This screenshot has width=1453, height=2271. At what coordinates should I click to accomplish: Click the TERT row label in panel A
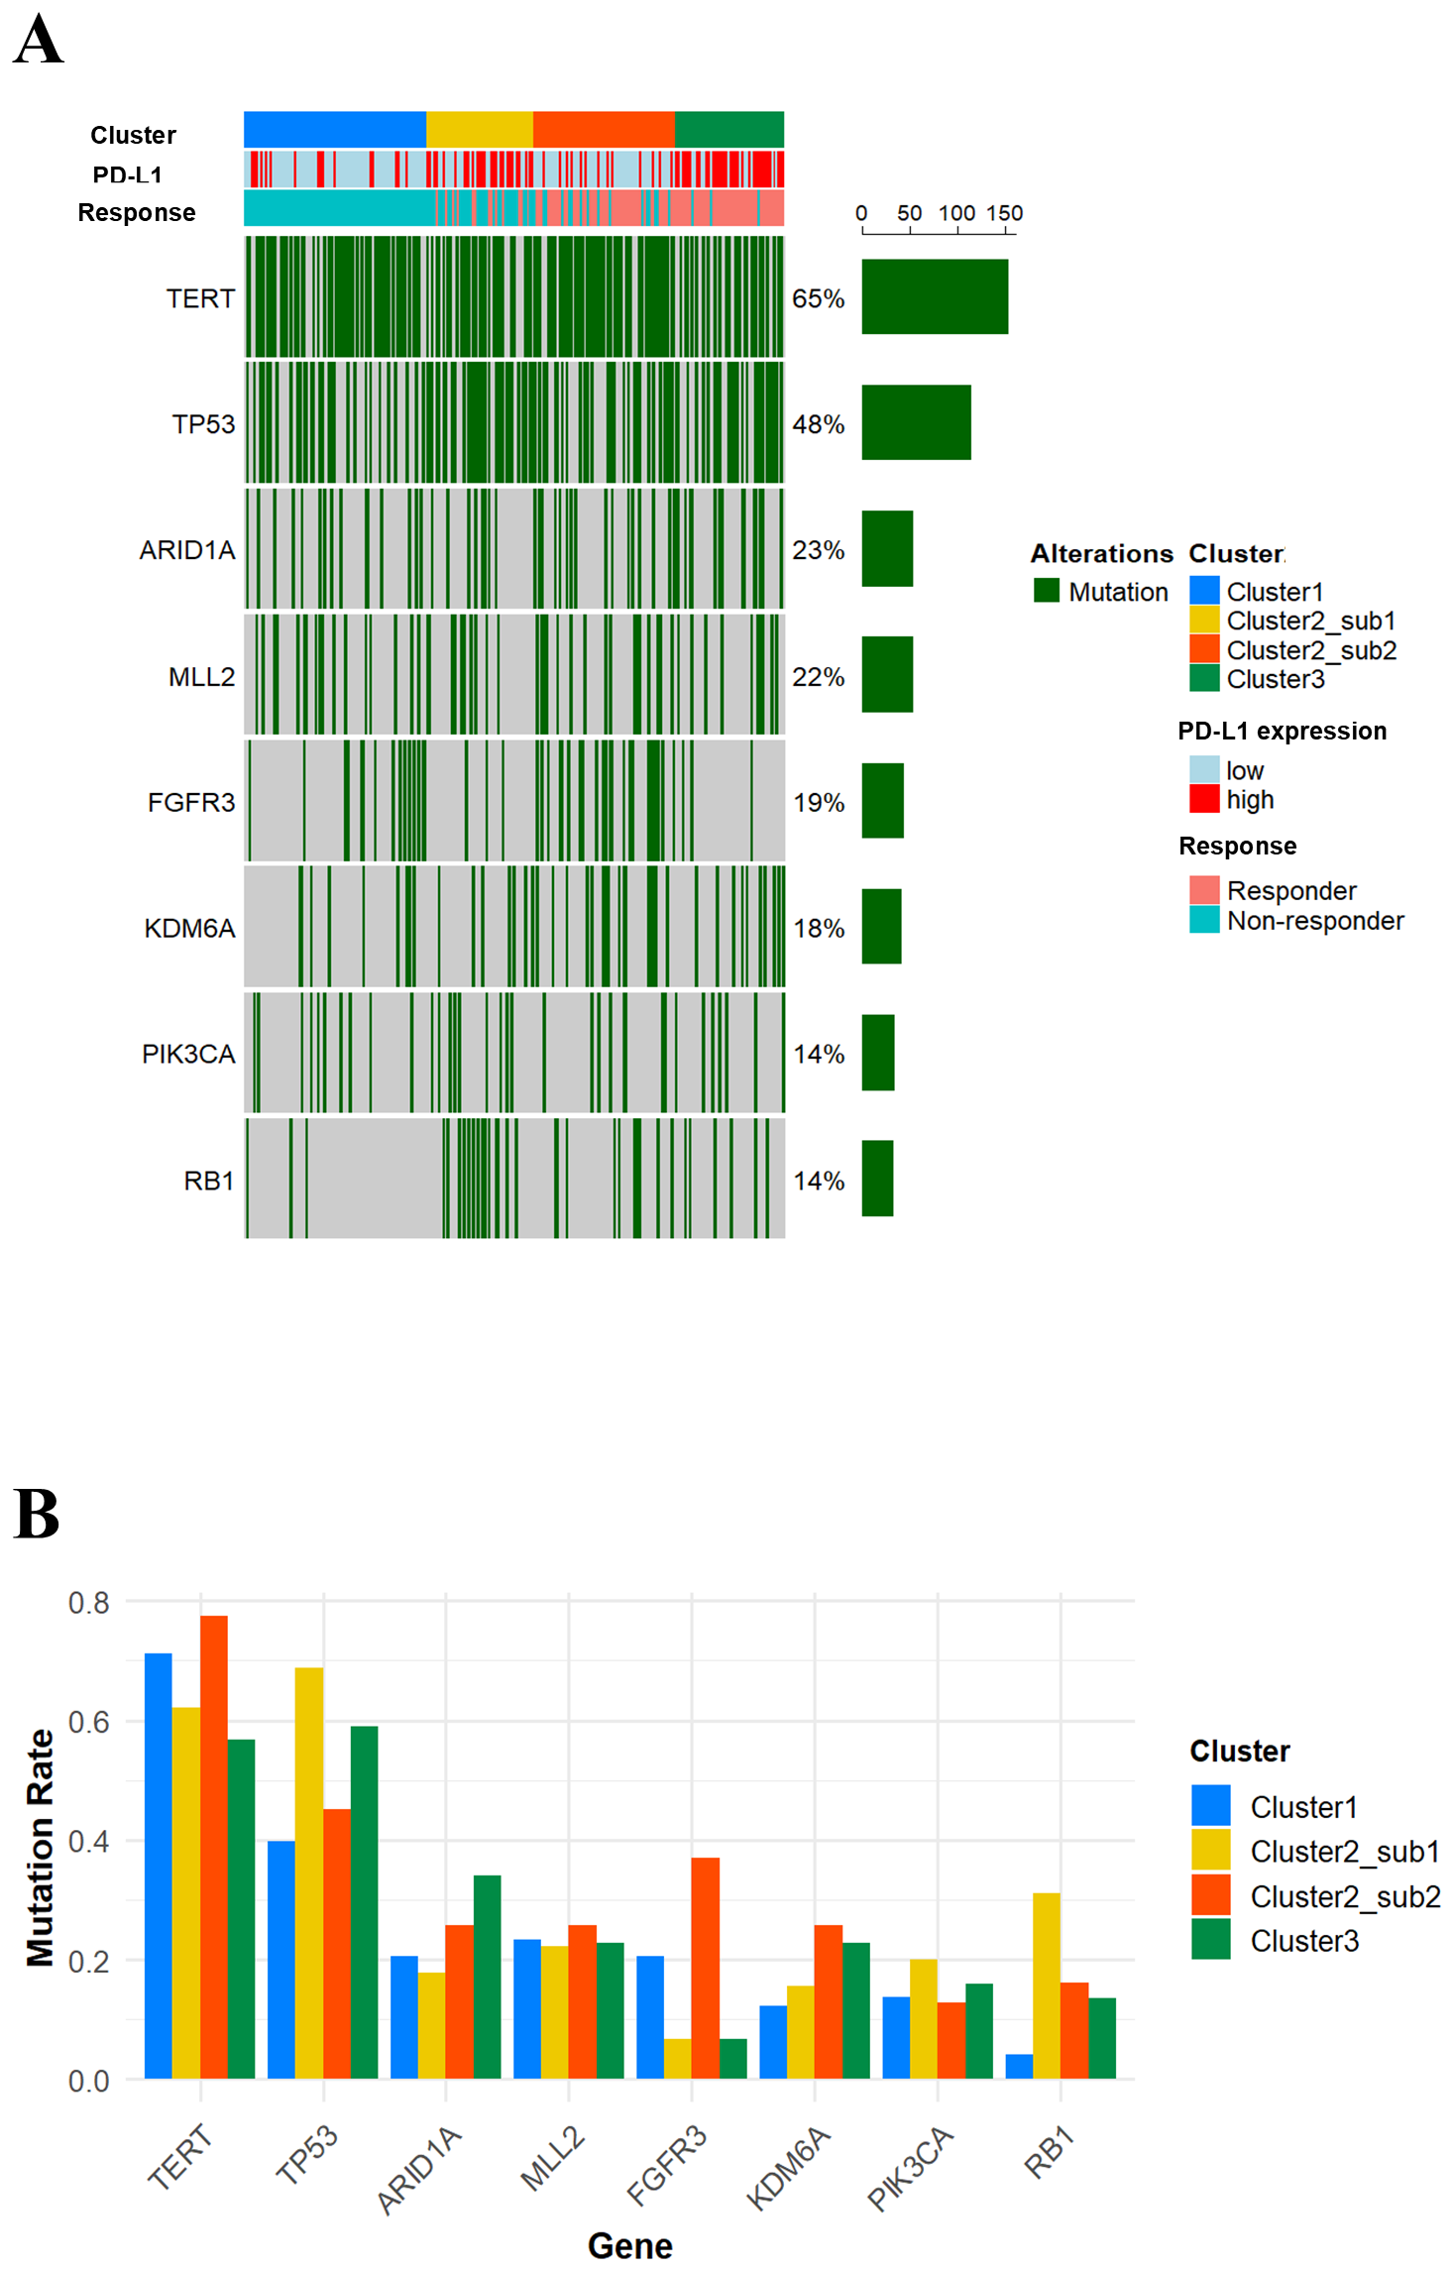coord(200,298)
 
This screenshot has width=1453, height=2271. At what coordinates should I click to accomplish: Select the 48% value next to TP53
coord(818,424)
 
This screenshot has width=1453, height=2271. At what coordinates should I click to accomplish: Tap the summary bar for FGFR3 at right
coord(882,800)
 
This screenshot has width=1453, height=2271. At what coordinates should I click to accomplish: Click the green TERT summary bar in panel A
coord(934,296)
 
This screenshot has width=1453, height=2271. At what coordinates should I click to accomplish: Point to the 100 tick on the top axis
coord(956,213)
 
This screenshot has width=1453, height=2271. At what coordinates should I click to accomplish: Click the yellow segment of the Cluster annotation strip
coord(479,129)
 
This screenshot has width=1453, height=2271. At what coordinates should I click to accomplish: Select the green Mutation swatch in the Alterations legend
coord(1047,591)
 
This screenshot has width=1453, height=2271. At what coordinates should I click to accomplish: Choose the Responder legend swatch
coord(1204,889)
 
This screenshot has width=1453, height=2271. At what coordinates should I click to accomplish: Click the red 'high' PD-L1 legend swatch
coord(1204,799)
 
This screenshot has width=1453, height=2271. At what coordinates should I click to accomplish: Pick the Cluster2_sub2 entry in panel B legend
coord(1344,1895)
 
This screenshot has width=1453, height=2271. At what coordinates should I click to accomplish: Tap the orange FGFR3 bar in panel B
coord(705,1967)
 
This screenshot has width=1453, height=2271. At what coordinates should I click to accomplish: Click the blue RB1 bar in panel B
coord(1019,2066)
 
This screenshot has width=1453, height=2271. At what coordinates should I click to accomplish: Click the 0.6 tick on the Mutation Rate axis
coord(88,1722)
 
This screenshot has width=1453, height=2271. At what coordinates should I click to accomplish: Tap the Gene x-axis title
coord(629,2244)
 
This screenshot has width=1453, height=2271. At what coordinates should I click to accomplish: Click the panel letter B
coord(37,1514)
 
